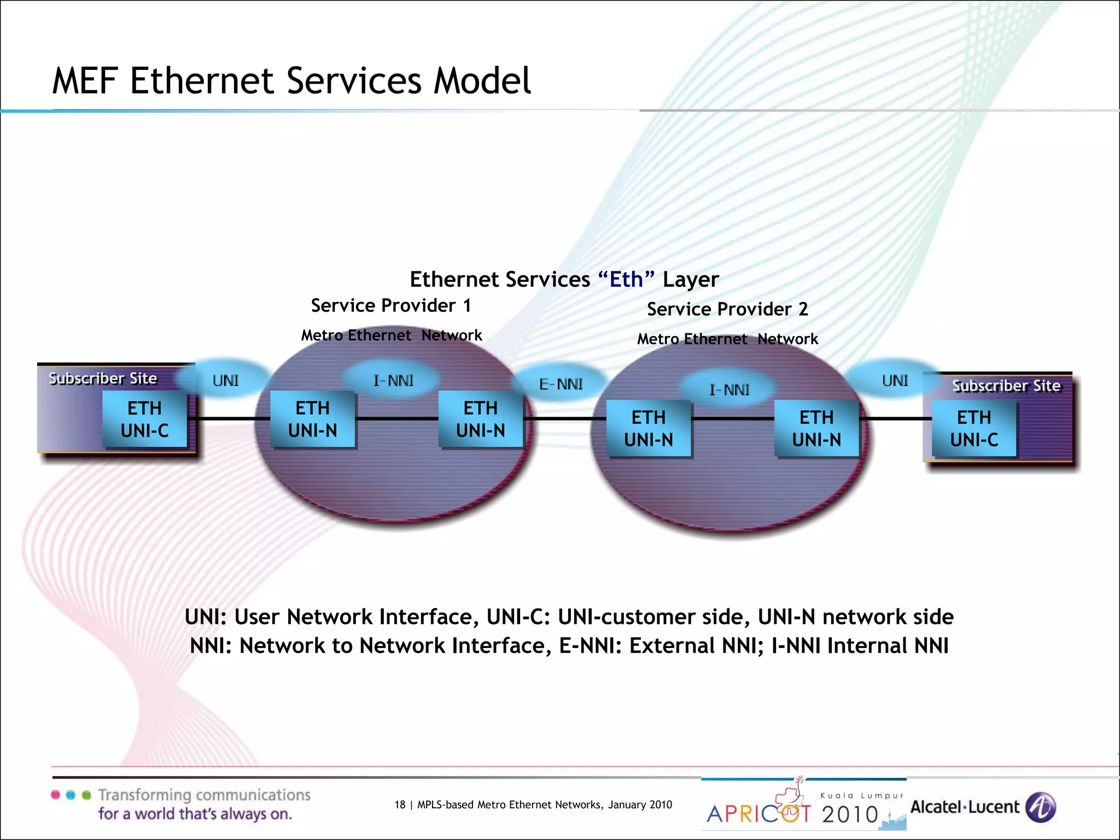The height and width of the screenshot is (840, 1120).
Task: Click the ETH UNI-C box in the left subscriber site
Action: [x=145, y=419]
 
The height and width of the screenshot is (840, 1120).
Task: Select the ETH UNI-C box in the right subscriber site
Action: [x=974, y=429]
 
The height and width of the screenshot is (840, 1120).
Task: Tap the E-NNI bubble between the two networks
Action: [x=561, y=384]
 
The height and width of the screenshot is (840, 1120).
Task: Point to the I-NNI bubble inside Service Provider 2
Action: [x=729, y=390]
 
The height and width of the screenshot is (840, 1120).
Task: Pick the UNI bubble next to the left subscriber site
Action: [x=225, y=380]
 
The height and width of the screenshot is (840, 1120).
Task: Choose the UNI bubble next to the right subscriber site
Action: [x=895, y=380]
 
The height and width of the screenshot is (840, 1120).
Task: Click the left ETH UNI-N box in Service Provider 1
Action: [x=313, y=419]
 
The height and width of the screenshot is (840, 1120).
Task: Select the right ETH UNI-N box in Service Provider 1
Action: [x=481, y=419]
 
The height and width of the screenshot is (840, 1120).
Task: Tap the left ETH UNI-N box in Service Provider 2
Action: [x=649, y=429]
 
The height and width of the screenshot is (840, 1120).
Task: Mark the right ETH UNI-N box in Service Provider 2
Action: [x=816, y=429]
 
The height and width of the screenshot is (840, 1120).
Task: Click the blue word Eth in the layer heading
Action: [x=626, y=279]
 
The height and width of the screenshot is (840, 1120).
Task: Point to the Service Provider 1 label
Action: [x=391, y=305]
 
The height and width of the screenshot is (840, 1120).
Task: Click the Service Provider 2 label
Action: [x=727, y=309]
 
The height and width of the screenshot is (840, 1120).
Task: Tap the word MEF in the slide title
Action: [x=85, y=81]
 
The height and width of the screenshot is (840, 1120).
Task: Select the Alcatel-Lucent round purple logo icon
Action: [x=1040, y=807]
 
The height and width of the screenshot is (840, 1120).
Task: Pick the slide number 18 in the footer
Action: [x=400, y=804]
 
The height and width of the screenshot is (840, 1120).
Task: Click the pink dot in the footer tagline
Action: [x=55, y=795]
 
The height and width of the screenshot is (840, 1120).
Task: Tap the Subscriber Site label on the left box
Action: [x=103, y=378]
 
